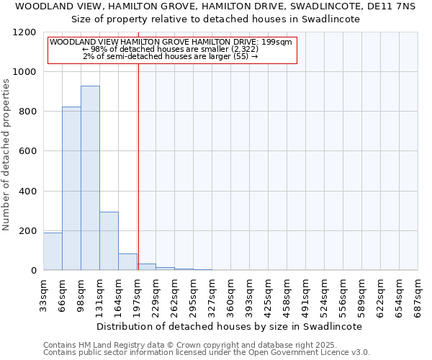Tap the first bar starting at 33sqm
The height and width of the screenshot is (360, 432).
(53, 251)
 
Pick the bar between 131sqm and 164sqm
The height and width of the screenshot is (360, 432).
(109, 241)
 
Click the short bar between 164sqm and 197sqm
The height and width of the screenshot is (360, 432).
(127, 262)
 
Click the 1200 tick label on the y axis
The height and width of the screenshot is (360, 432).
(25, 32)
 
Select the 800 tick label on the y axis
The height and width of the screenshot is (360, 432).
(27, 112)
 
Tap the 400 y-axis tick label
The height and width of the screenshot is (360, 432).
(27, 192)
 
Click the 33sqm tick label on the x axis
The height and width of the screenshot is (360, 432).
(44, 295)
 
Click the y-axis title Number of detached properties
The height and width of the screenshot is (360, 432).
(6, 155)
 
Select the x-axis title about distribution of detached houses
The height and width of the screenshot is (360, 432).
(229, 326)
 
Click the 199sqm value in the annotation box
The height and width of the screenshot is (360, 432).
(277, 42)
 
